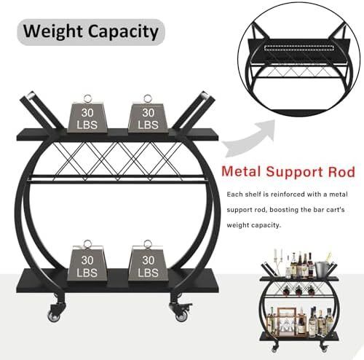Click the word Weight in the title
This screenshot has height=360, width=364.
pyautogui.click(x=53, y=32)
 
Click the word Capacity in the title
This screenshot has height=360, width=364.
pyautogui.click(x=123, y=32)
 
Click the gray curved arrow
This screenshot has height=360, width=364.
pyautogui.click(x=250, y=138)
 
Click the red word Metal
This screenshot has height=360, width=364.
pyautogui.click(x=242, y=171)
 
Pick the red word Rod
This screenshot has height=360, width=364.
pyautogui.click(x=341, y=171)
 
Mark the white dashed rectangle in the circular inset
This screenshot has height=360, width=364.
pyautogui.click(x=298, y=47)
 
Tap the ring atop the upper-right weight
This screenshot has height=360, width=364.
pyautogui.click(x=148, y=98)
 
